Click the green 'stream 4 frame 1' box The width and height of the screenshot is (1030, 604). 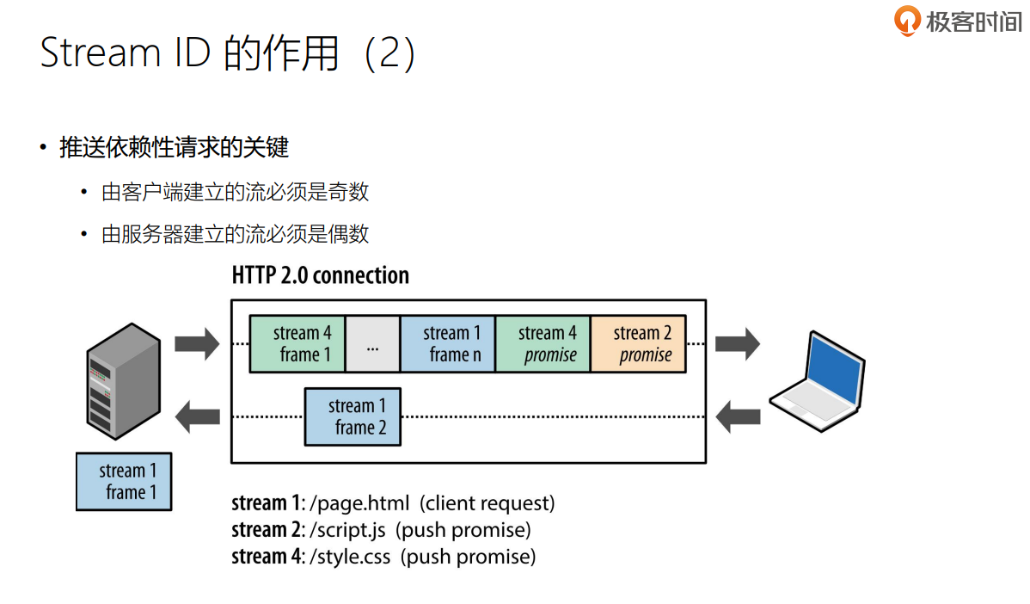click(297, 343)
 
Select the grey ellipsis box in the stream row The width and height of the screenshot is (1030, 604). click(372, 343)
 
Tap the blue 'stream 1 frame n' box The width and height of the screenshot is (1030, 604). click(448, 343)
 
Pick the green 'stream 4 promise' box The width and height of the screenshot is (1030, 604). click(543, 343)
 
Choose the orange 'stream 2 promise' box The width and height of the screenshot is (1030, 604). click(638, 343)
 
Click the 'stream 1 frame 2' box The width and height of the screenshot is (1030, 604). click(353, 416)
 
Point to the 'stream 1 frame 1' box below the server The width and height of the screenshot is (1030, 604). click(124, 482)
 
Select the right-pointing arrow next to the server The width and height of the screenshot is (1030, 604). click(197, 344)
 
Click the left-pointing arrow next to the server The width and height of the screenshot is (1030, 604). click(197, 418)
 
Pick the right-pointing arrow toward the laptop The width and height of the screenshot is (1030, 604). click(738, 344)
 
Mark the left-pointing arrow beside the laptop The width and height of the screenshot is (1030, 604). click(738, 417)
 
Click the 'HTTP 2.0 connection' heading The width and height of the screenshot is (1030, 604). click(320, 275)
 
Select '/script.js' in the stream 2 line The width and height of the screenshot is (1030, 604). click(346, 529)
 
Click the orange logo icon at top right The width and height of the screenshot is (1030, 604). click(908, 21)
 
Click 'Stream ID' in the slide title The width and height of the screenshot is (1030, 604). click(126, 53)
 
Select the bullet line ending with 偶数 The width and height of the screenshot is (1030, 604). click(235, 233)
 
